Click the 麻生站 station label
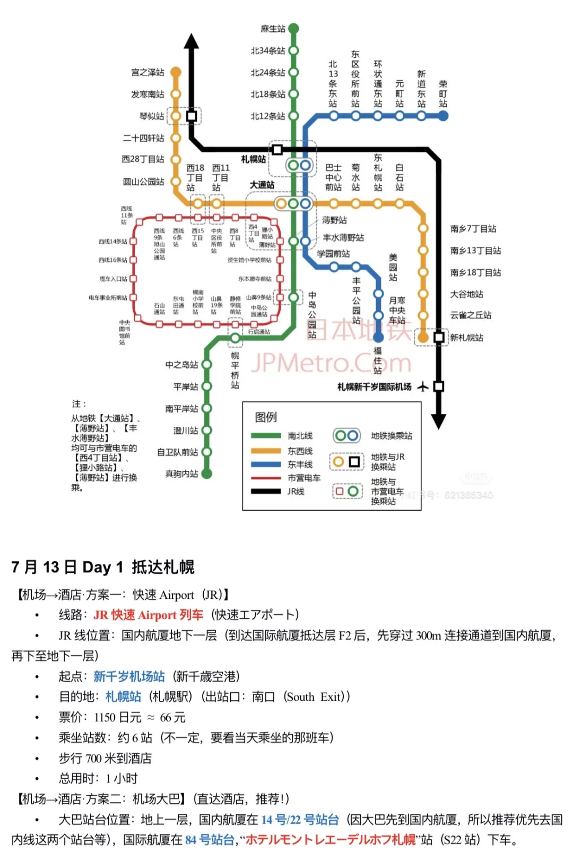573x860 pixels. (273, 29)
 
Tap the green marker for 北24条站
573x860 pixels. (293, 72)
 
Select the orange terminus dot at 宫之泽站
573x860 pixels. (176, 72)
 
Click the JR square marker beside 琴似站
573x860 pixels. (192, 116)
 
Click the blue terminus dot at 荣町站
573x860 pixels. (443, 116)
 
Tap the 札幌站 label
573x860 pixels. (253, 159)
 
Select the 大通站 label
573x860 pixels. (262, 185)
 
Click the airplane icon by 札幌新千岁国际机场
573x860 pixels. (423, 386)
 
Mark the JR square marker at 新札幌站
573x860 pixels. (439, 337)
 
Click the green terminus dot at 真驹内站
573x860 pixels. (207, 474)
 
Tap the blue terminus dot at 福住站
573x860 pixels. (378, 337)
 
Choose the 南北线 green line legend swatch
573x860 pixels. (266, 436)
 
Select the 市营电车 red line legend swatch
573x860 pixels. (266, 478)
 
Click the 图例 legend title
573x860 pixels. (266, 417)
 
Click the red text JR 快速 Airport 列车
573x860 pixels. (148, 615)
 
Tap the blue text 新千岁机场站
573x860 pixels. (129, 676)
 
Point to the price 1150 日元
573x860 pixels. (118, 717)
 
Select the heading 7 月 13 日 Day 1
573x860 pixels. (67, 567)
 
